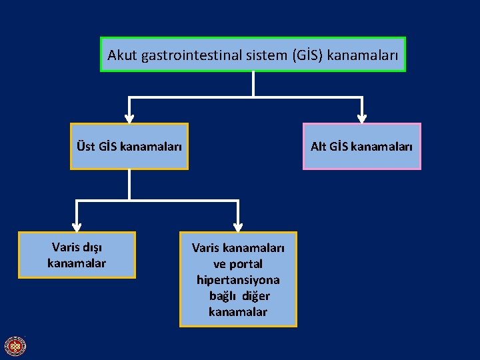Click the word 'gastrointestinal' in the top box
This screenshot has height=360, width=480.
(181, 55)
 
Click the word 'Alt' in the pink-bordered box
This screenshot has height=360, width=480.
(319, 146)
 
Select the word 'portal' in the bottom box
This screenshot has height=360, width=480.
(245, 263)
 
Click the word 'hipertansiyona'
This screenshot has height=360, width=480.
(238, 279)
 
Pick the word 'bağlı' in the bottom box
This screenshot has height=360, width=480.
(223, 295)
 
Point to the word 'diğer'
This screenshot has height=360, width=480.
(256, 295)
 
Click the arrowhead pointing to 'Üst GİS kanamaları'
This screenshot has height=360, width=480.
(129, 117)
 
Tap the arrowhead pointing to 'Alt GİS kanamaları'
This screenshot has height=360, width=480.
(362, 117)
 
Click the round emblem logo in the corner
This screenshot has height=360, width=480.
(15, 346)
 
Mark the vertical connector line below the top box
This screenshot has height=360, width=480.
(253, 84)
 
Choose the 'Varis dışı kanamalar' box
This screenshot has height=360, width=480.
(77, 255)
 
